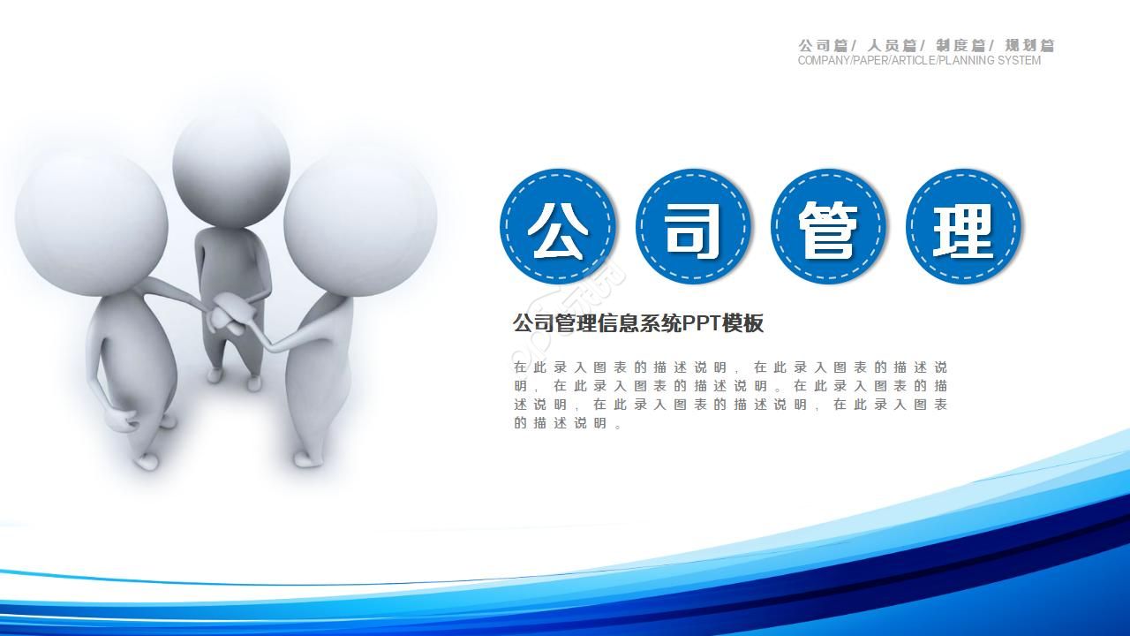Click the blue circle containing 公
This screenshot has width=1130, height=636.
click(x=558, y=227)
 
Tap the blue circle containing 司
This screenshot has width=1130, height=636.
click(x=693, y=227)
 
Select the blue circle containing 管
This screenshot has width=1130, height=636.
click(x=828, y=227)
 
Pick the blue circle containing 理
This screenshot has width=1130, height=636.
click(x=963, y=227)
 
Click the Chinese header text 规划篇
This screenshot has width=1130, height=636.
click(x=1029, y=45)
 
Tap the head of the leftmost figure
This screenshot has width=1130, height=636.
click(x=91, y=216)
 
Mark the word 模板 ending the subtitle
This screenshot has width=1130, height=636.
click(x=742, y=323)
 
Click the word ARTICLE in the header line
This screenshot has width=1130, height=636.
click(x=913, y=61)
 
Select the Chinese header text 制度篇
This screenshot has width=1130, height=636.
click(x=960, y=45)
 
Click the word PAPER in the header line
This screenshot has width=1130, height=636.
click(x=870, y=61)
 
